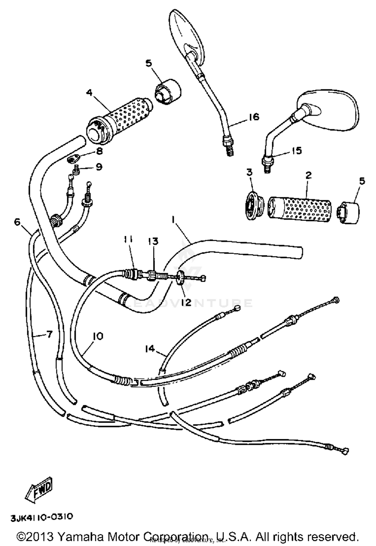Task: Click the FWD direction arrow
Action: [x=39, y=490]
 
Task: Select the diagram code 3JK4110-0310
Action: [x=42, y=517]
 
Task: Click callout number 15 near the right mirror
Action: [x=296, y=150]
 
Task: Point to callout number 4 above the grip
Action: [x=89, y=93]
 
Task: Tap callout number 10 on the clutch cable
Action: [x=98, y=336]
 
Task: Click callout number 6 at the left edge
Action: [x=17, y=222]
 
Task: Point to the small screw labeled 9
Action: [x=76, y=171]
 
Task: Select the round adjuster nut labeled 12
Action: [x=180, y=278]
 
